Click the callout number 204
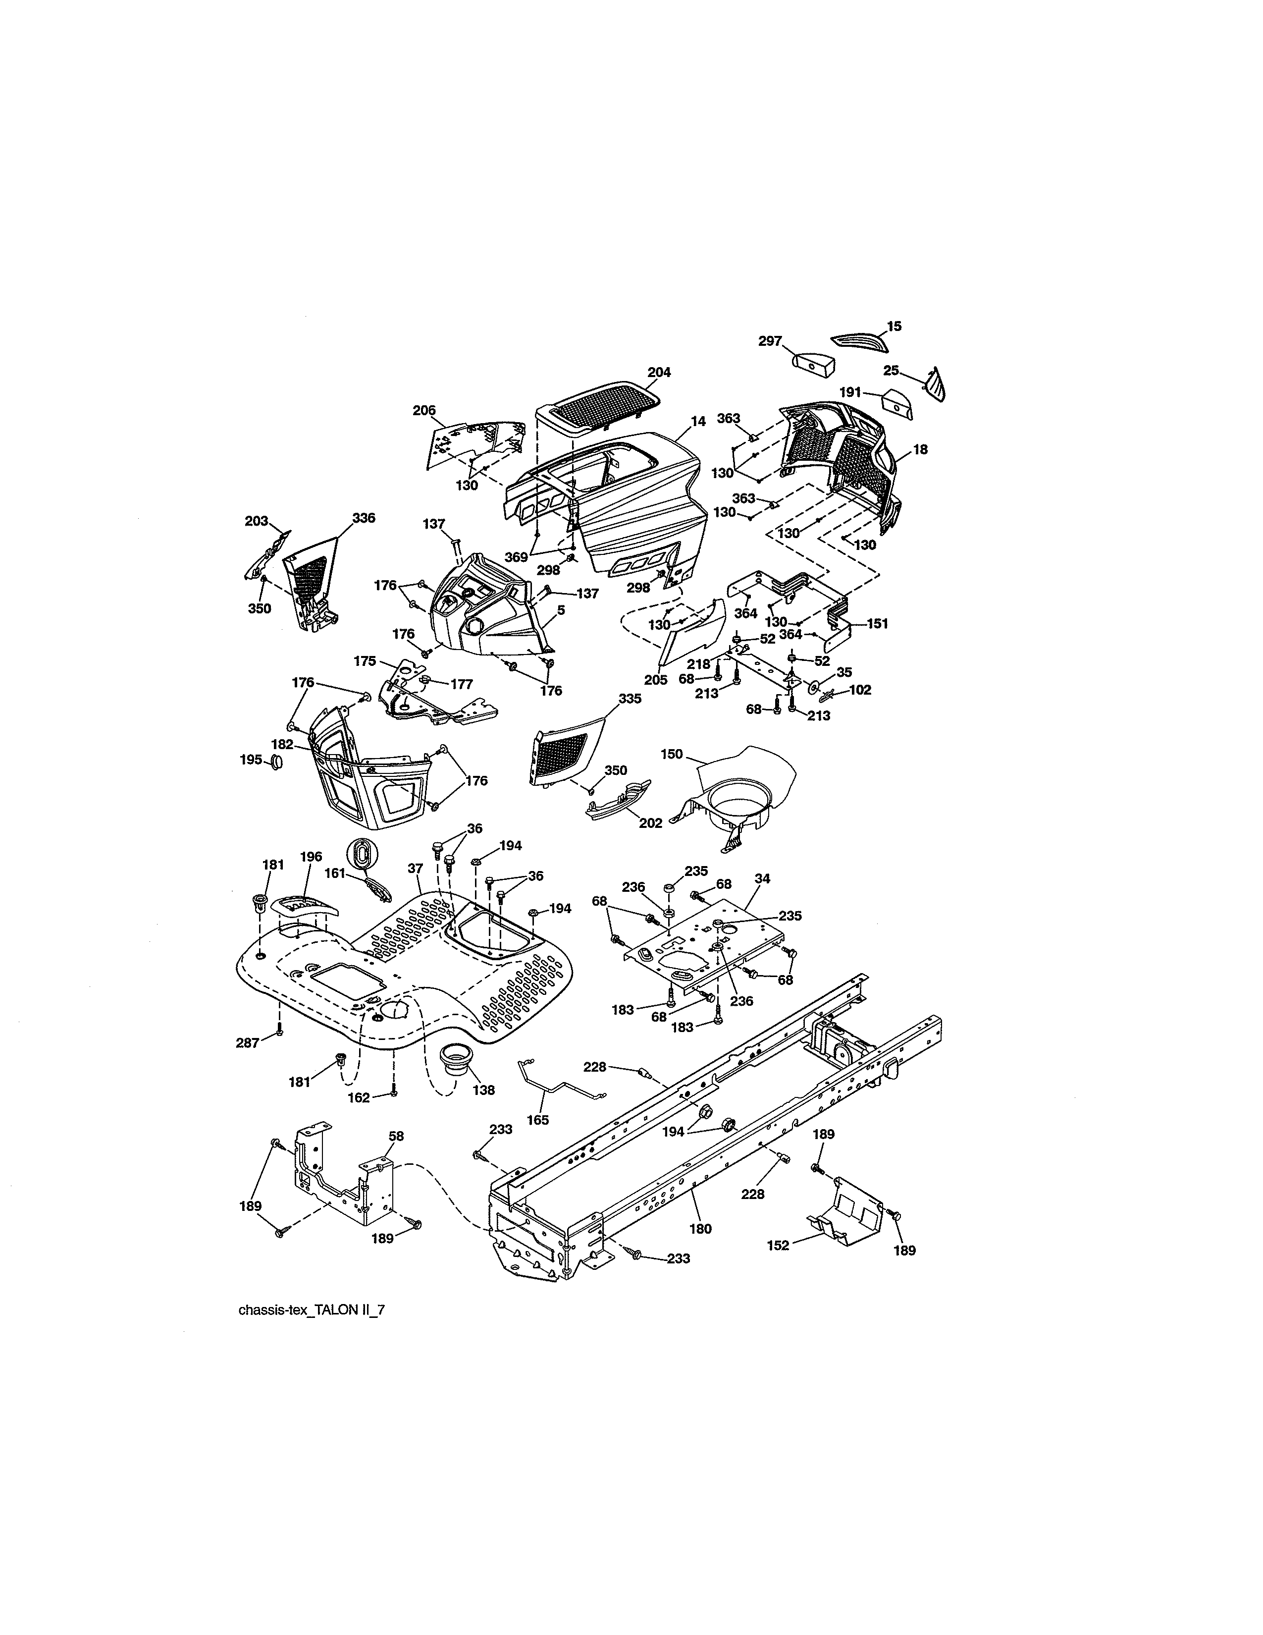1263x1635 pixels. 658,372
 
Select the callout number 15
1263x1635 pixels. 894,327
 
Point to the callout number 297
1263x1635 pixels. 770,341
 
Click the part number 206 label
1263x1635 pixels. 423,410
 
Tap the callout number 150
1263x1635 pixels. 671,754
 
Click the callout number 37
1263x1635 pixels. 415,869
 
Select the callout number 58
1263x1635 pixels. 396,1156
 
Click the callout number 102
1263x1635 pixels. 860,690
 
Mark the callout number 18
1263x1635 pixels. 920,449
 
